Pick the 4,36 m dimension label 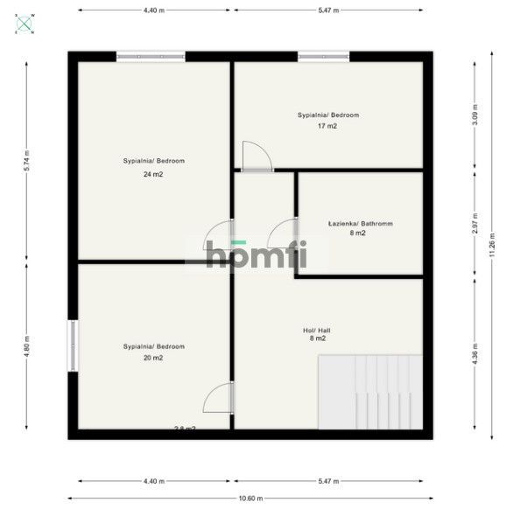point(474,356)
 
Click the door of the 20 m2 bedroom point(218,398)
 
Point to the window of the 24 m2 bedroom point(151,57)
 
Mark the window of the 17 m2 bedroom point(323,57)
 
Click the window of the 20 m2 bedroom point(73,346)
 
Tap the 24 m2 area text point(153,175)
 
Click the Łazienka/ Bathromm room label point(360,224)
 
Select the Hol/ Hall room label point(316,330)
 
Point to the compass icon point(25,24)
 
